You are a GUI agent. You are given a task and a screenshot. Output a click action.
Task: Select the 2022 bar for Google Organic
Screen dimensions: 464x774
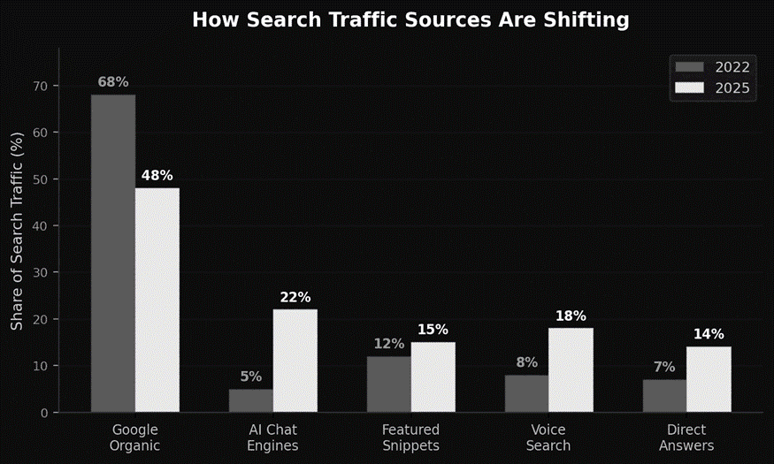[x=113, y=253]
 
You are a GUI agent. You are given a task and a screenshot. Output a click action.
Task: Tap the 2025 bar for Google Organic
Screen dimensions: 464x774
[x=157, y=300]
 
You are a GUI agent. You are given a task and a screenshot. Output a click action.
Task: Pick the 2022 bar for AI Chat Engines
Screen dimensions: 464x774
[x=251, y=400]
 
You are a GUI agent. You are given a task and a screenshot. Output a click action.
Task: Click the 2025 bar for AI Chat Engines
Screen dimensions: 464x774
[x=295, y=361]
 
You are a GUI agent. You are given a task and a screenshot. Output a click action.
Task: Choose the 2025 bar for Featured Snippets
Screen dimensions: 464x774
[x=433, y=377]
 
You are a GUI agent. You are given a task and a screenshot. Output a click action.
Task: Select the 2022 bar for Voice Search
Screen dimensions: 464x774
[x=527, y=393]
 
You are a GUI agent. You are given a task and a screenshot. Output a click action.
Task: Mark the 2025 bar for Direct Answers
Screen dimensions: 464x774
[x=709, y=379]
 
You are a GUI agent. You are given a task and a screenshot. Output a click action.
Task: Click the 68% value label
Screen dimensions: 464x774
[x=113, y=82]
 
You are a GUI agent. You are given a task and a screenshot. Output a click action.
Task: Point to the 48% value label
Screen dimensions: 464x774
[x=157, y=176]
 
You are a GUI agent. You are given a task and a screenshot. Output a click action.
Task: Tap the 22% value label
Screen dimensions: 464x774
[x=295, y=298]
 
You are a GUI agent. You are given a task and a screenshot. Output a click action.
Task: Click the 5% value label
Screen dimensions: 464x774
[x=251, y=377]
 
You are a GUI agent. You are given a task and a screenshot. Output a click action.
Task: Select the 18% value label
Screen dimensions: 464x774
[x=571, y=316]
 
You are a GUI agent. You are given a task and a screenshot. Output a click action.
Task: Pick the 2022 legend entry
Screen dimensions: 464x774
[x=713, y=67]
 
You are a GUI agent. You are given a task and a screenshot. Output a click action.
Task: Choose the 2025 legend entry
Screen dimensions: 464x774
[x=713, y=88]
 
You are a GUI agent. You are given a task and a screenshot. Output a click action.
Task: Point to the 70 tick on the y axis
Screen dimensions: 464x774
[x=44, y=86]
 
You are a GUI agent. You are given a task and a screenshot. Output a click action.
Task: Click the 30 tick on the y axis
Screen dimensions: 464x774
[x=44, y=272]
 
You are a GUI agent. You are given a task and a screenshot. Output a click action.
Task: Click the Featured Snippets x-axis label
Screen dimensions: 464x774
[x=410, y=437]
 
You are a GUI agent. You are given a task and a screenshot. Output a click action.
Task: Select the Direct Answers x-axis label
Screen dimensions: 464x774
[x=686, y=437]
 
